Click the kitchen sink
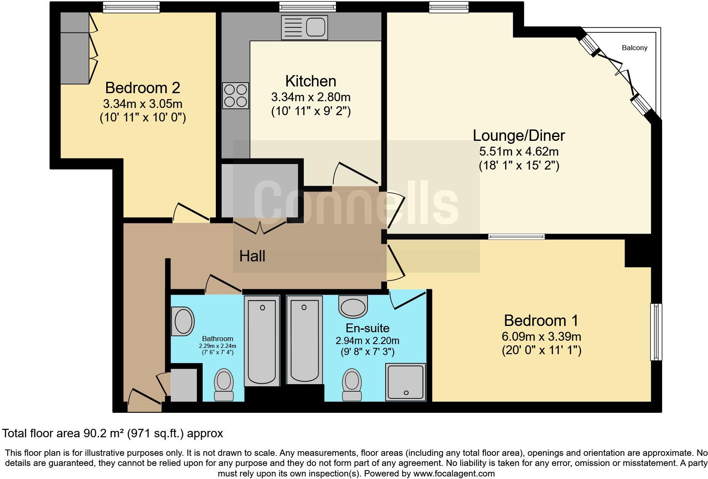click(304, 28)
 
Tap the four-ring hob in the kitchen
click(236, 95)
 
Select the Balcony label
click(634, 48)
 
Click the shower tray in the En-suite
click(405, 381)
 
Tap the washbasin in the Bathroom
click(182, 321)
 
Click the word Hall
click(252, 256)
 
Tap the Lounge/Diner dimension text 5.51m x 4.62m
click(519, 151)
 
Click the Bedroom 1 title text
click(541, 320)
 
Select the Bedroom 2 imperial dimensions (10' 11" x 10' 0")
click(142, 117)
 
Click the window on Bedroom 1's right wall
click(656, 332)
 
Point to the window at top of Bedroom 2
click(131, 7)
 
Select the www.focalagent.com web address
click(454, 473)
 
